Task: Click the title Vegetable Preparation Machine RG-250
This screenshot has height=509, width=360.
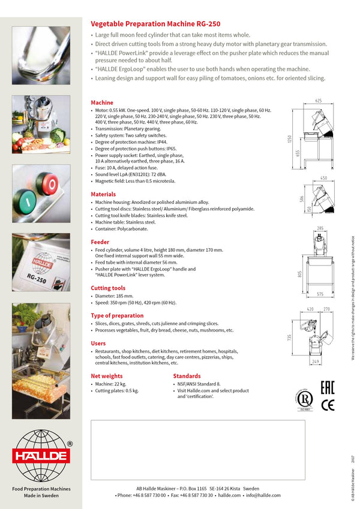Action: [155, 24]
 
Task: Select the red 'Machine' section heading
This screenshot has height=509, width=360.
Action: [101, 103]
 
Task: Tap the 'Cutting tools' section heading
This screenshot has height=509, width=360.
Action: [108, 288]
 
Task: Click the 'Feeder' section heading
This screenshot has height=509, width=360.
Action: [100, 242]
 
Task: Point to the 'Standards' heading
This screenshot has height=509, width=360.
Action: [187, 376]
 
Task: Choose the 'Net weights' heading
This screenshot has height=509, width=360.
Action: [106, 376]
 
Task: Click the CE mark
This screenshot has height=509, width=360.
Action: [328, 405]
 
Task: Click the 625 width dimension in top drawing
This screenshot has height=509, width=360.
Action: [319, 101]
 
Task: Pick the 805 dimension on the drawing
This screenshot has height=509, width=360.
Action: [290, 275]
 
